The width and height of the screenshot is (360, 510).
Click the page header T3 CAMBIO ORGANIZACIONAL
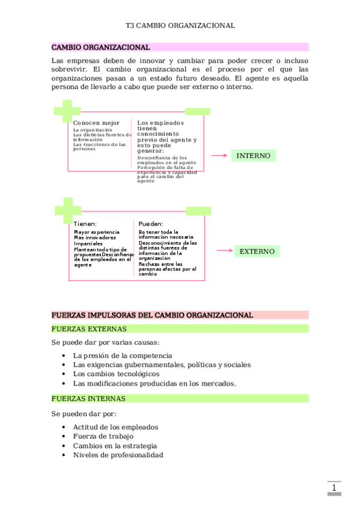(180, 26)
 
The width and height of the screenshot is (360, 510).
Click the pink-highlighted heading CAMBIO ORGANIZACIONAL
(100, 47)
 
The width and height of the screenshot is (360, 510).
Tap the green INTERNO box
(253, 156)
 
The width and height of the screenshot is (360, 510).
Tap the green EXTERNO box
(257, 251)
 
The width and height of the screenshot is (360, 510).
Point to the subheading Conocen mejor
(96, 123)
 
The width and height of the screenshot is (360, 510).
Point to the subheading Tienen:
(85, 224)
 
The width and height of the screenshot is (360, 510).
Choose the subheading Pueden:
(151, 224)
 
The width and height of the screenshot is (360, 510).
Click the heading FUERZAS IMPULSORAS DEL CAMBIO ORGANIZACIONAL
(152, 315)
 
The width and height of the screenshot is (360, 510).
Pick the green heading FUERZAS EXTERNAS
(89, 329)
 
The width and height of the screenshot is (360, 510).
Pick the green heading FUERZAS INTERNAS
(88, 399)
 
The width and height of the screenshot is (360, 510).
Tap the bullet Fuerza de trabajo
(103, 436)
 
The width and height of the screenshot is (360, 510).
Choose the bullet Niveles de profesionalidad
(118, 455)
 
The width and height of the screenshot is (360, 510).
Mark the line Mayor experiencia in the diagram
(96, 232)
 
